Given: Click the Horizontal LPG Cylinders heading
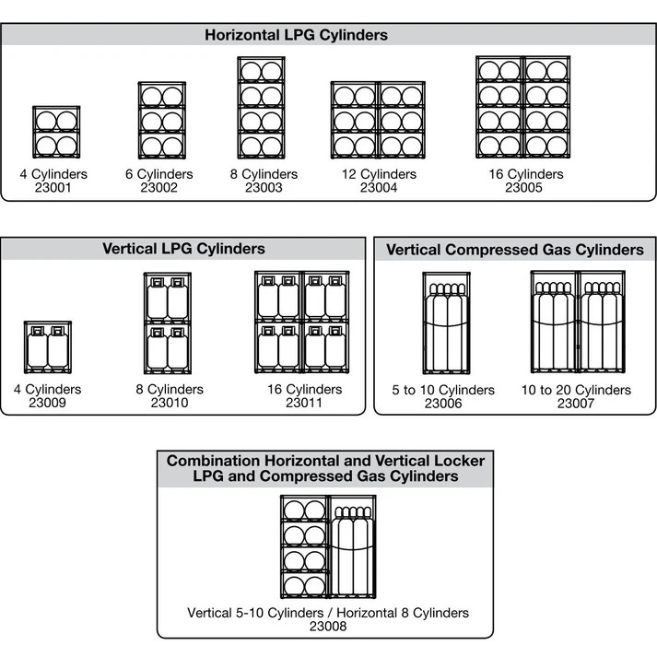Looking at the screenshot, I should click(x=296, y=35).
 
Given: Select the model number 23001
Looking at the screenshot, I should click(x=53, y=187).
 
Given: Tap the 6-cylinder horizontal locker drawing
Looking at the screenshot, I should click(x=159, y=122).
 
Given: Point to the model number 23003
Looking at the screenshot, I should click(x=264, y=187).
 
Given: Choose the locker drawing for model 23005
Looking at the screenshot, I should click(x=522, y=109).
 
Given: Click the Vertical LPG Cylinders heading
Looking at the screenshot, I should click(x=183, y=249).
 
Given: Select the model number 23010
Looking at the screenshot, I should click(x=169, y=403).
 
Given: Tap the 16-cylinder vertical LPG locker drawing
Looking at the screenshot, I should click(x=302, y=322).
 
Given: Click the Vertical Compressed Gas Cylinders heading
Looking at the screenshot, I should click(x=514, y=250).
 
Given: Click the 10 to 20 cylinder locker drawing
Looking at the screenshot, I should click(x=578, y=322).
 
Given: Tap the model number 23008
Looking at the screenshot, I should click(x=328, y=627).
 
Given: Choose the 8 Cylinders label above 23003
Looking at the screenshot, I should click(x=264, y=174).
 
